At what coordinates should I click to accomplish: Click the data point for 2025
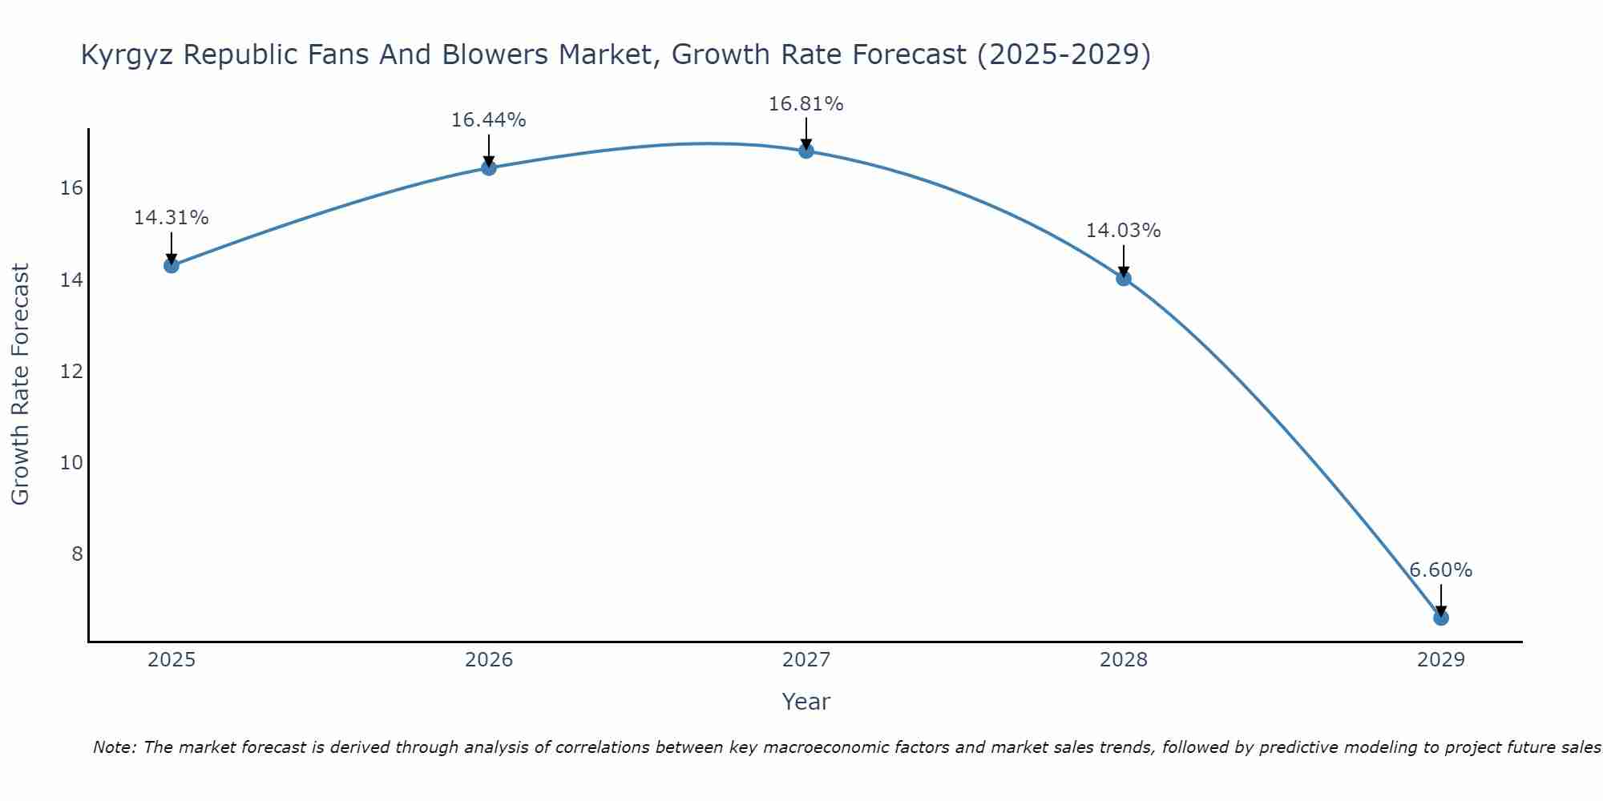171,265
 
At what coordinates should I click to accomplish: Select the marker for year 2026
488,167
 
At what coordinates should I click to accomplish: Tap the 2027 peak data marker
806,151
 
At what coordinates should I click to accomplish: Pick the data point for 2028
1123,278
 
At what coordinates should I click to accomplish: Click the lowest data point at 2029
1440,618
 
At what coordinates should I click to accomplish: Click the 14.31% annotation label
171,218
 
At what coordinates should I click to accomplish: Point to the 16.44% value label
488,120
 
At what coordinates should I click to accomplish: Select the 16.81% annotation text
806,104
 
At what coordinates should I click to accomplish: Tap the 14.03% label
1123,231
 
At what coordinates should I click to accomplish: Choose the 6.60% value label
1440,570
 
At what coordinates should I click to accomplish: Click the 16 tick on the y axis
71,188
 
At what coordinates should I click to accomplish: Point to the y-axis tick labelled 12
71,372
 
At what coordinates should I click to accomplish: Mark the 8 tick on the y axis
77,554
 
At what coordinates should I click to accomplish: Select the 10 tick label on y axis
71,463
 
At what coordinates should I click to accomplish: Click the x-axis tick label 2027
806,660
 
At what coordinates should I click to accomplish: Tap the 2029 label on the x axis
1440,660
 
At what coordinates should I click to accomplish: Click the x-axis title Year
806,702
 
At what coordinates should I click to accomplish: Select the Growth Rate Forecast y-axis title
20,384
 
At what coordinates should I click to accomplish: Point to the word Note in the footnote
115,747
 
